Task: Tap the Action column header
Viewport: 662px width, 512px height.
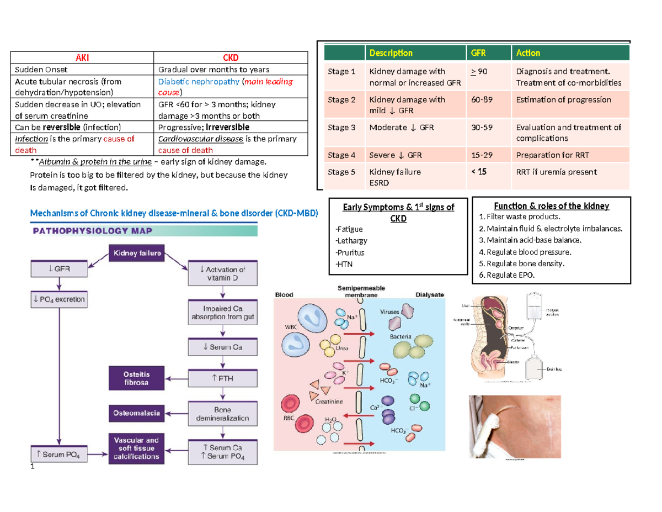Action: tap(528, 53)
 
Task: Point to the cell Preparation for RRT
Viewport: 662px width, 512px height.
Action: tap(556, 155)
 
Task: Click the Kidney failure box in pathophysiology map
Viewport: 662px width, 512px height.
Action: tap(137, 254)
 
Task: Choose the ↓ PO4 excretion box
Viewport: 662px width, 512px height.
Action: tap(58, 300)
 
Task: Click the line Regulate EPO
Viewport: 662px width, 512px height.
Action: tap(506, 275)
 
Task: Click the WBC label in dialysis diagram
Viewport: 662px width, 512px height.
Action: tap(291, 326)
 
